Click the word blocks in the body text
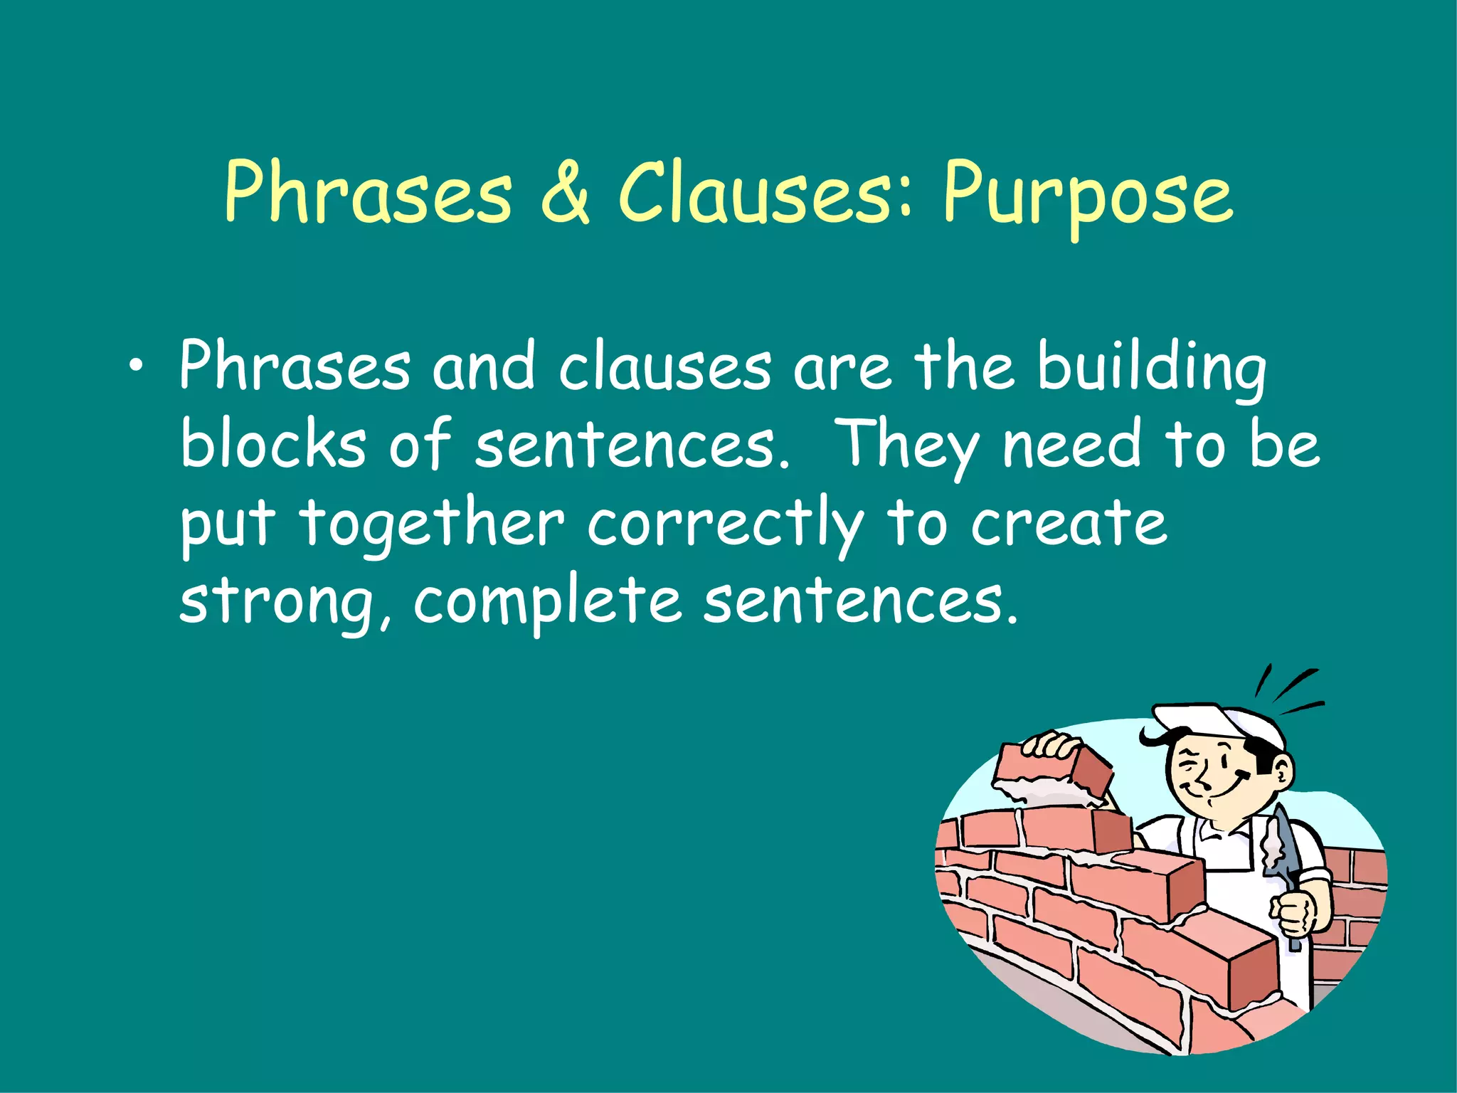pos(273,445)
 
